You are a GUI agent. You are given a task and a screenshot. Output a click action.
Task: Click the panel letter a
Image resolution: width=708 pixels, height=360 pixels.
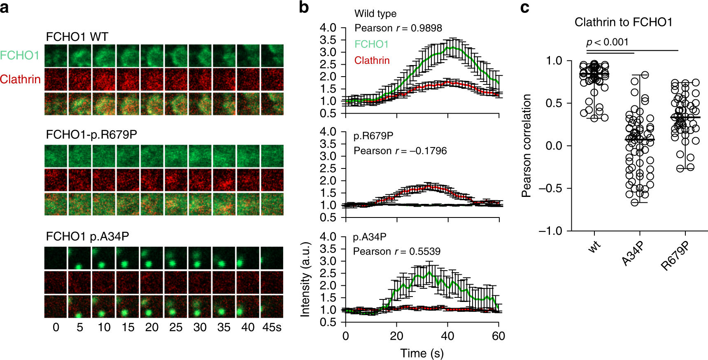tap(5, 8)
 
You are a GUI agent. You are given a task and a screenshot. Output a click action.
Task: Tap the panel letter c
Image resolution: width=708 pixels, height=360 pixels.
tap(524, 8)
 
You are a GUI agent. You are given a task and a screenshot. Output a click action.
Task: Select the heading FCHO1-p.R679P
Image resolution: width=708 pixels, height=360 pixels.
tap(91, 135)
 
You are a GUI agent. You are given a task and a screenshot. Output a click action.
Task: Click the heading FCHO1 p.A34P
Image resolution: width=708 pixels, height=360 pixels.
tap(87, 236)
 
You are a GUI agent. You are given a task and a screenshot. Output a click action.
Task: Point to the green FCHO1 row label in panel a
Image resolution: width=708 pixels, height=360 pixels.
tap(20, 55)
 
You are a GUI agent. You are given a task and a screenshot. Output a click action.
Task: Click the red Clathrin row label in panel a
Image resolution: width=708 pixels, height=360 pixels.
tap(20, 79)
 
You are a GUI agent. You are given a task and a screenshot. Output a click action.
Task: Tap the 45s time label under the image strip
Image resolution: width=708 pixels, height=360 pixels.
tap(272, 327)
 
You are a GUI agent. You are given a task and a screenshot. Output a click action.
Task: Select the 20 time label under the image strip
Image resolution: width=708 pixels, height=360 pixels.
tap(151, 327)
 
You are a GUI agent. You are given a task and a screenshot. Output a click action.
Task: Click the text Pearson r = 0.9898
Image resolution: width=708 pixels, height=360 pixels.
tap(398, 28)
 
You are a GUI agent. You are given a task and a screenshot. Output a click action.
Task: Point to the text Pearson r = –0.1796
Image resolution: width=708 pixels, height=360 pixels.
tap(400, 151)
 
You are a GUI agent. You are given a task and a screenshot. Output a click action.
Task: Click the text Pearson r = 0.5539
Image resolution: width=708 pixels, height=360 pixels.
tap(396, 251)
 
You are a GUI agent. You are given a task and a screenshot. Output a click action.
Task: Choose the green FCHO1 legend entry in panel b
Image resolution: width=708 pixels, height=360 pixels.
tap(371, 44)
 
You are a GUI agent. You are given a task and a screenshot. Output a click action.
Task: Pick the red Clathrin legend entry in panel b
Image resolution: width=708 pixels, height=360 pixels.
tap(372, 61)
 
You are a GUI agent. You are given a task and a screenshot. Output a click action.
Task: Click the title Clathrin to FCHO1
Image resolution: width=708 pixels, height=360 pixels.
tap(623, 22)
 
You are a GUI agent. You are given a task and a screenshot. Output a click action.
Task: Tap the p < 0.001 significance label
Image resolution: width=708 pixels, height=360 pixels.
tap(607, 42)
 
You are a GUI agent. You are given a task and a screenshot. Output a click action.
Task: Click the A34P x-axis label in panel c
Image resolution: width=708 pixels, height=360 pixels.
tap(632, 254)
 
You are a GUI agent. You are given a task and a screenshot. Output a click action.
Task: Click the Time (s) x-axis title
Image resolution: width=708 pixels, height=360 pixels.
tap(422, 353)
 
